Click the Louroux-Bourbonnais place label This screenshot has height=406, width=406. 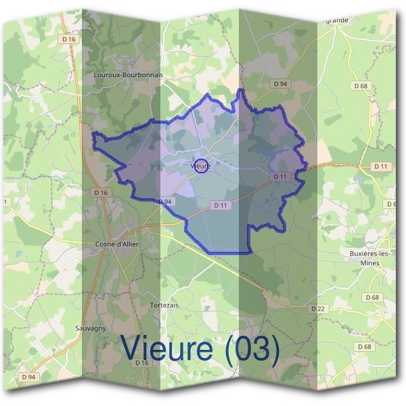(129, 75)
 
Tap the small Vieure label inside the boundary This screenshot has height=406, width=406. (200, 165)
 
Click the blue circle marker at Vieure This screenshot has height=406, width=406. (201, 165)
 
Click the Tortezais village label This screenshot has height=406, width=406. (164, 305)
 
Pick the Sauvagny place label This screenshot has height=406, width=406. (91, 328)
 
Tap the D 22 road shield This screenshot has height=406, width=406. (318, 308)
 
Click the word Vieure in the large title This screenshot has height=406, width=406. (169, 349)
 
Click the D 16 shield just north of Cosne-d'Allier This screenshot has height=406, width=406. (101, 193)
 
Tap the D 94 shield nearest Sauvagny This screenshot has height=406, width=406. (28, 376)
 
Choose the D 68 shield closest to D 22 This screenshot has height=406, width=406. (372, 297)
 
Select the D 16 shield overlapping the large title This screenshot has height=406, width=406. (141, 363)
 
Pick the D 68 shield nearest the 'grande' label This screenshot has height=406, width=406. (361, 86)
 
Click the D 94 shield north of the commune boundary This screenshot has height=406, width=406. (280, 83)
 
